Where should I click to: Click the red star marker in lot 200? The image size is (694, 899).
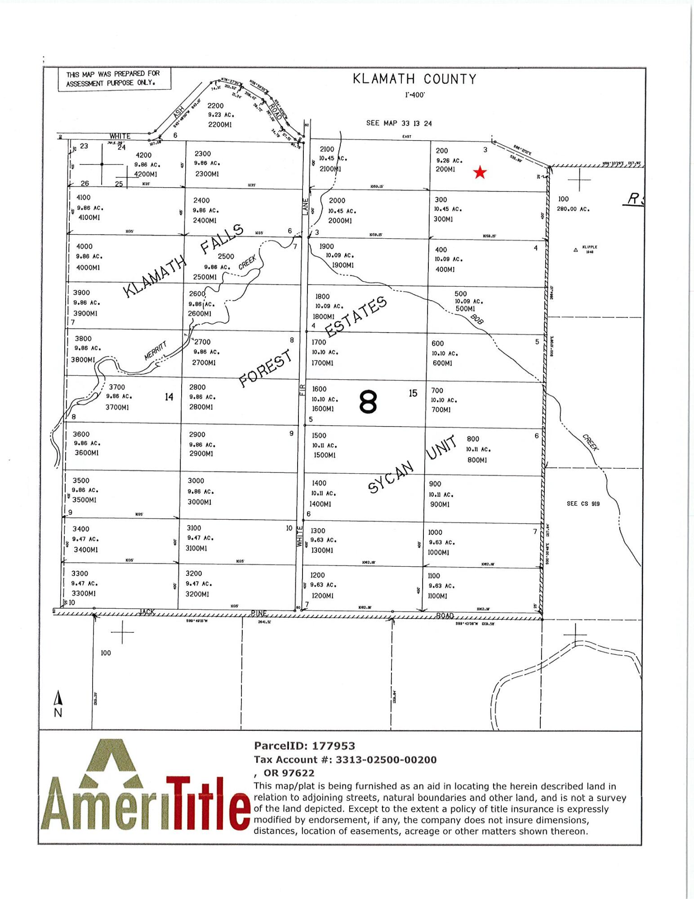(x=480, y=172)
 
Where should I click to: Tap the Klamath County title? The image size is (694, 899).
(x=414, y=79)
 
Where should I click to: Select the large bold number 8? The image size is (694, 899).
(x=368, y=402)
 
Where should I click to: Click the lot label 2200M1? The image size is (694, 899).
(x=219, y=125)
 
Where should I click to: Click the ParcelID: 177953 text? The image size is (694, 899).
(x=304, y=746)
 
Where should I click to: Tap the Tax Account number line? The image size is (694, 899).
(x=345, y=760)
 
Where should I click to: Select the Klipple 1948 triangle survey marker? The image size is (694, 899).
(x=576, y=250)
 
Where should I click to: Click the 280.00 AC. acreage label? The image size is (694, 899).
(x=573, y=209)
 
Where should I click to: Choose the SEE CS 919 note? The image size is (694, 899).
(x=583, y=503)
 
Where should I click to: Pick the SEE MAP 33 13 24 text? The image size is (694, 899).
(x=399, y=123)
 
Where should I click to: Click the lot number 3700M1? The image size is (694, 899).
(x=117, y=407)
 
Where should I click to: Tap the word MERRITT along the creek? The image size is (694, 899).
(x=156, y=351)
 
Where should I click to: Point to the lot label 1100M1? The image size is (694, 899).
(x=437, y=596)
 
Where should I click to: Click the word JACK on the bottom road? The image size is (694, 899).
(x=147, y=612)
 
